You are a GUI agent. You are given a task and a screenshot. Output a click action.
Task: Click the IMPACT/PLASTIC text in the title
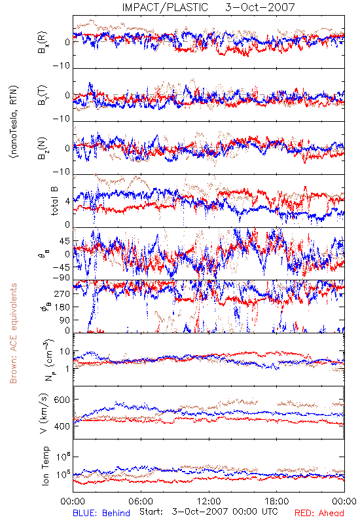coord(165,7)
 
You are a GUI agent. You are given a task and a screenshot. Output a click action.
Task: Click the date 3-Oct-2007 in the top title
coord(260,7)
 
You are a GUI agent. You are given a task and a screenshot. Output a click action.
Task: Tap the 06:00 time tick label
coord(141,501)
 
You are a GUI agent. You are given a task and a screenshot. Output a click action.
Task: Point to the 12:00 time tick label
coord(209,501)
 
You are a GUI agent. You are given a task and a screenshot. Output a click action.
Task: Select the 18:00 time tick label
coord(276,501)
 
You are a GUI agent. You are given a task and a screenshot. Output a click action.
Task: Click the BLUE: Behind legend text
coord(101,513)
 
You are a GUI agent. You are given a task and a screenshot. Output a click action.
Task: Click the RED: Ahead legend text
coord(319,513)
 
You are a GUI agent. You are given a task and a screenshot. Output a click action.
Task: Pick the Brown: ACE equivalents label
coord(13,333)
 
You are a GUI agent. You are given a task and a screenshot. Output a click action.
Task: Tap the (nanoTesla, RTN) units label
coord(14,122)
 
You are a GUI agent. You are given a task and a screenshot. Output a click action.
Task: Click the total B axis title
coord(54,201)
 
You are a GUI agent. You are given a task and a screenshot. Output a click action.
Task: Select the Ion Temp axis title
coord(45,466)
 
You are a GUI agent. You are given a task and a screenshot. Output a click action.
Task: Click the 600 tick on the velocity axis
coord(62,400)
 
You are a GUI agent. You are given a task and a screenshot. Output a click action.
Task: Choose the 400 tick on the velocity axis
coord(62,426)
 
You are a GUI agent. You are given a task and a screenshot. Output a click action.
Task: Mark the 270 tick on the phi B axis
coord(62,293)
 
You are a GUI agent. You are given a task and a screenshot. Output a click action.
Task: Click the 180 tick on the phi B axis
coord(62,307)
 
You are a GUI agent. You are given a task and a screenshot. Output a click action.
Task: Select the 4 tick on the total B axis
coord(67,201)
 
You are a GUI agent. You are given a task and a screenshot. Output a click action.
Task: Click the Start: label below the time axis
coord(151,512)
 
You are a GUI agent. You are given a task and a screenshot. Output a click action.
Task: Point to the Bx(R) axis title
coord(43,43)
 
